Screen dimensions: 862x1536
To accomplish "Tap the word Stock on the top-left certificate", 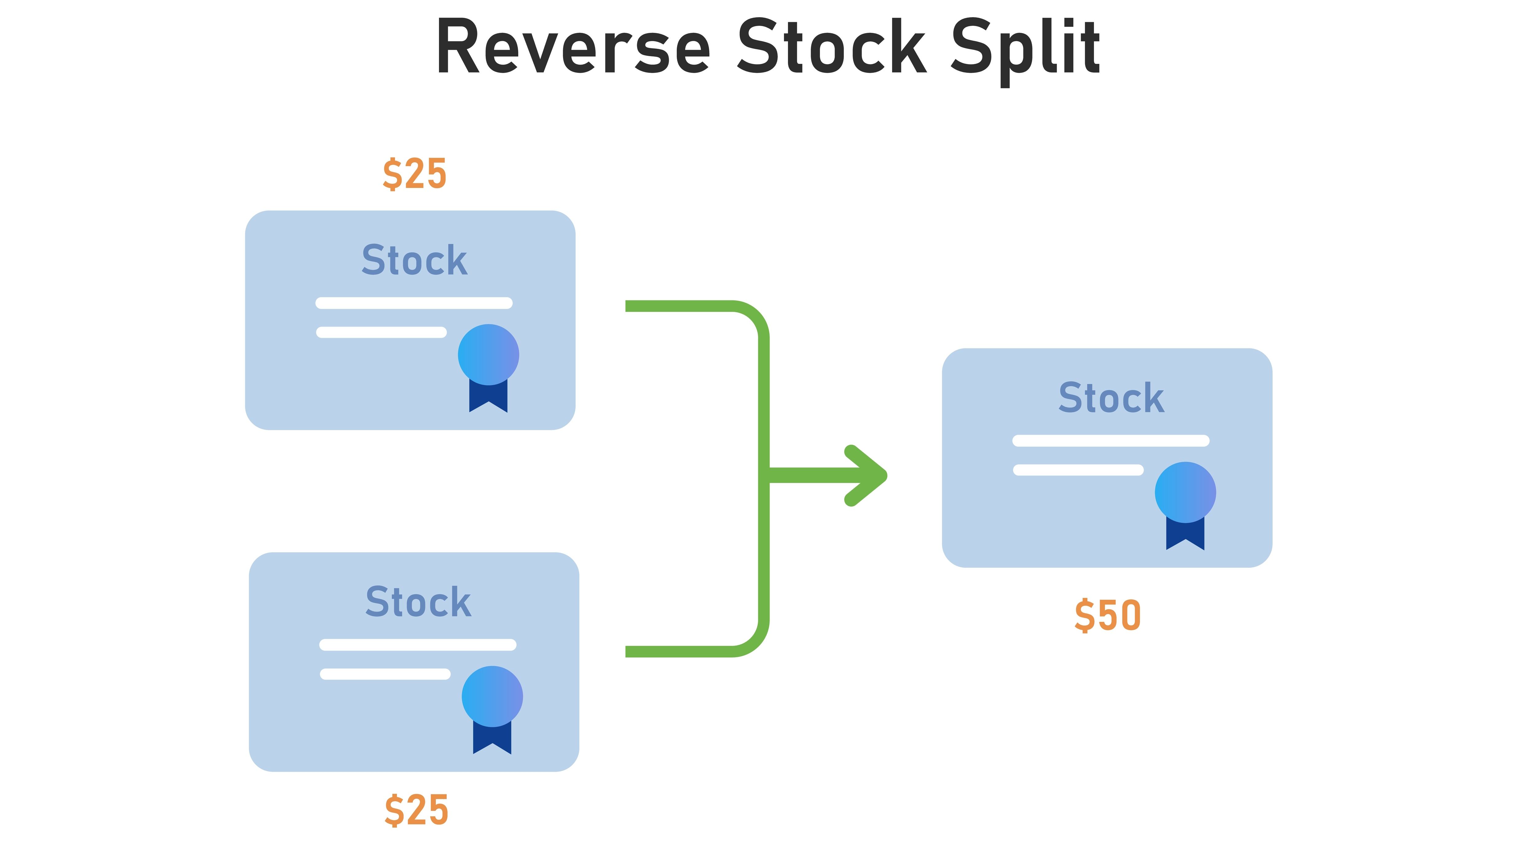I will click(414, 260).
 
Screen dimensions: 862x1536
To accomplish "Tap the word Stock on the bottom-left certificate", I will click(418, 602).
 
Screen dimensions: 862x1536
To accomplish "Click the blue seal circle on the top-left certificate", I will click(488, 354).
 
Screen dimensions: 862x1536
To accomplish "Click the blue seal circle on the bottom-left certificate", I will click(492, 696).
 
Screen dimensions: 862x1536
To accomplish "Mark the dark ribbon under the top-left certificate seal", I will click(488, 396).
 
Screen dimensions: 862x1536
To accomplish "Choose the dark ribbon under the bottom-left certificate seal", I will click(492, 738).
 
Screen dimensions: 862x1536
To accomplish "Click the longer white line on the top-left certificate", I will click(414, 303).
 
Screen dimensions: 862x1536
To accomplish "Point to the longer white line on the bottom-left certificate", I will click(417, 644).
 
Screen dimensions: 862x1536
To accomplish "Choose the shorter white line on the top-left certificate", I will click(381, 332).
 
